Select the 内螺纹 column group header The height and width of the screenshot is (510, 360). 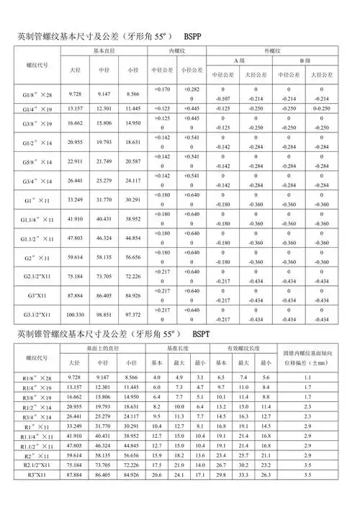[x=178, y=52]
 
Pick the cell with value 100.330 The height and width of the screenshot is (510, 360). [x=75, y=315]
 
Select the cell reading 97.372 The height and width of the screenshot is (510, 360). [x=132, y=315]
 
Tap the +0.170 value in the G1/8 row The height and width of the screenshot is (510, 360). [x=162, y=89]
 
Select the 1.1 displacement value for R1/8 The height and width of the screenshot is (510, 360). [x=307, y=377]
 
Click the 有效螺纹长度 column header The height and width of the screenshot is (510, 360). [x=243, y=349]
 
